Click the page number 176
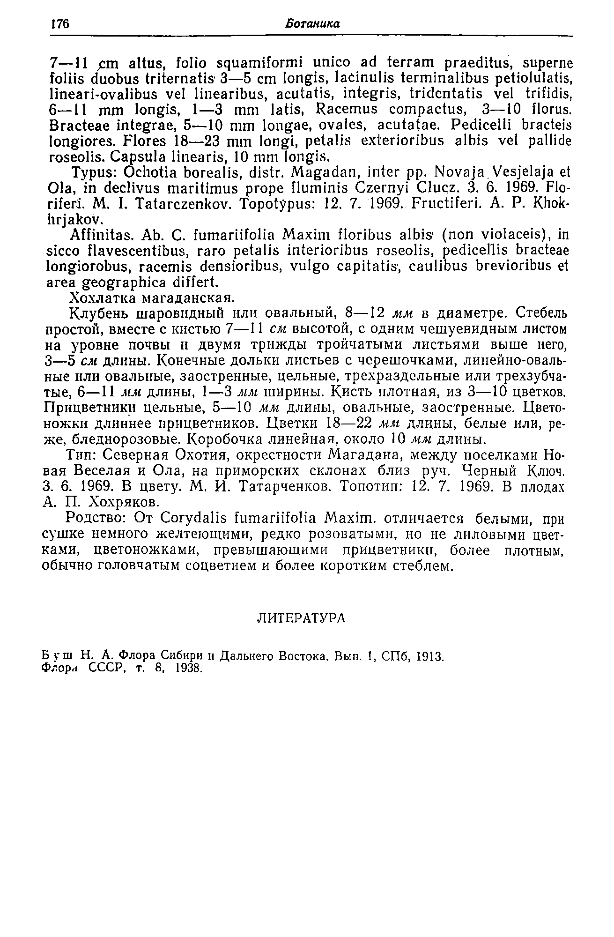point(59,24)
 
